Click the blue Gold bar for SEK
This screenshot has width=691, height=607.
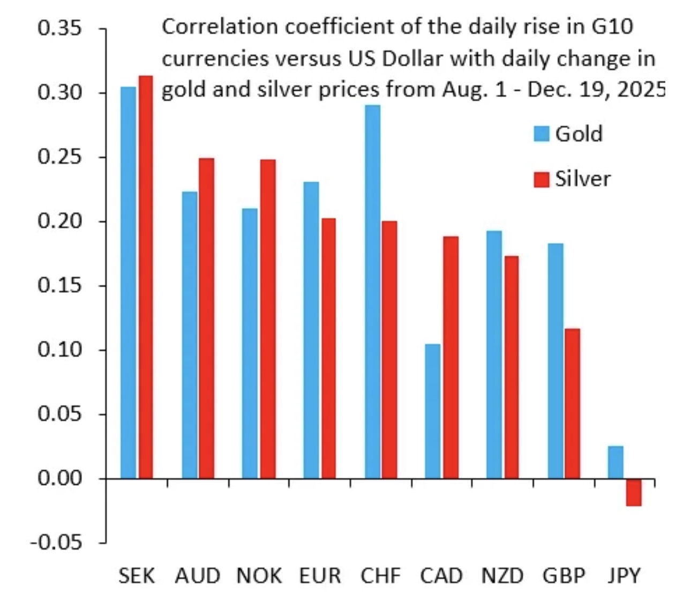pyautogui.click(x=128, y=282)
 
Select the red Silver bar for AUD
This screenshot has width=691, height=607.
pyautogui.click(x=206, y=318)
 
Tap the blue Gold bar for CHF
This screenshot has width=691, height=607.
pyautogui.click(x=372, y=291)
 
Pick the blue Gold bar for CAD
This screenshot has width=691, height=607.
pyautogui.click(x=432, y=411)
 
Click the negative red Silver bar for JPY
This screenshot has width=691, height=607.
pyautogui.click(x=634, y=492)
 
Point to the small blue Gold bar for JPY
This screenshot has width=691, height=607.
pyautogui.click(x=615, y=462)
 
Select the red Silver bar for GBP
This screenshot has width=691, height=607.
pyautogui.click(x=572, y=403)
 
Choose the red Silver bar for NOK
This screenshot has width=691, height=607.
pyautogui.click(x=267, y=319)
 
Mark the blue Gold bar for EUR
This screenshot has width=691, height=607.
pyautogui.click(x=311, y=330)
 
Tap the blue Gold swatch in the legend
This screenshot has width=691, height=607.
pyautogui.click(x=542, y=134)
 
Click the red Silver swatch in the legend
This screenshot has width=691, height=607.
pyautogui.click(x=542, y=179)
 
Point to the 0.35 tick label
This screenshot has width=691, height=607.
pyautogui.click(x=59, y=28)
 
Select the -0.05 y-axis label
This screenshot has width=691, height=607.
pyautogui.click(x=56, y=543)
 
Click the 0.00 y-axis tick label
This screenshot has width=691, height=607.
pyautogui.click(x=59, y=478)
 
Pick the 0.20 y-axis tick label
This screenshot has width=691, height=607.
pyautogui.click(x=59, y=221)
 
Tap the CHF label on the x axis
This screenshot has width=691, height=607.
pyautogui.click(x=380, y=576)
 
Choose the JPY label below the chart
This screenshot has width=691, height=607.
pyautogui.click(x=624, y=576)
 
